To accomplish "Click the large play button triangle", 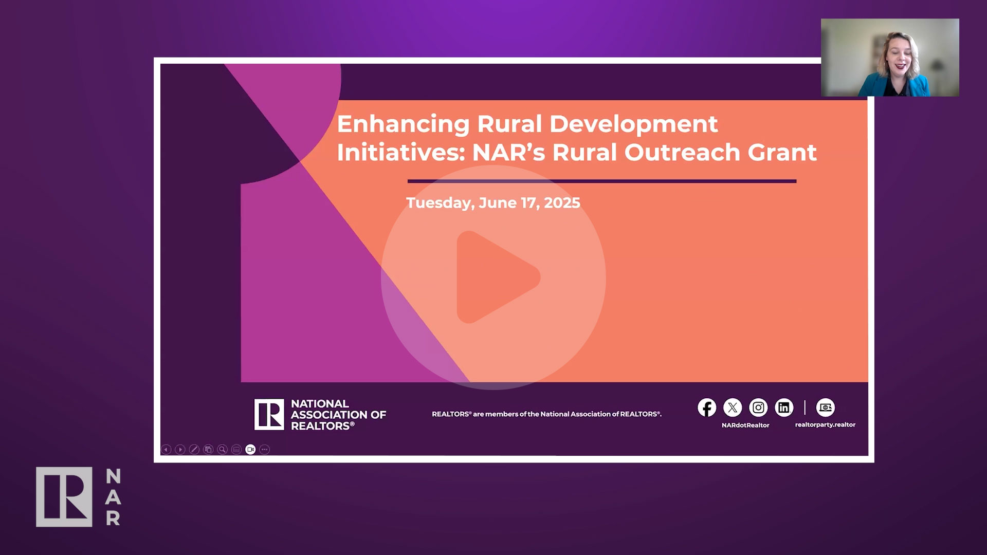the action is pos(493,277).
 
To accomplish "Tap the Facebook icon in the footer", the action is pos(707,408).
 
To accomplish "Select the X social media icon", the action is pos(733,408).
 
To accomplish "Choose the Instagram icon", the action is pos(758,408).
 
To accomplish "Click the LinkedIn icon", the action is pos(784,408).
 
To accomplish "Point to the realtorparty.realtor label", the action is pos(825,424).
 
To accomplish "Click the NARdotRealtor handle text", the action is pos(745,425).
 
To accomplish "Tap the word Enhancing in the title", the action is pos(403,125).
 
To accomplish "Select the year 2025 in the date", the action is pos(562,202).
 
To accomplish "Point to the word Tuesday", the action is pos(440,203).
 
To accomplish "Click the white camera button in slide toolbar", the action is pos(250,450).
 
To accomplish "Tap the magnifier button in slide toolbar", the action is pos(222,450).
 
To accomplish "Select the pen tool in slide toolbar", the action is pos(194,450).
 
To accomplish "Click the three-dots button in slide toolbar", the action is pos(264,450).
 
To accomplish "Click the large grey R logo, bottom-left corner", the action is pos(64,497).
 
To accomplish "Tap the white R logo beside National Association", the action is pos(269,414).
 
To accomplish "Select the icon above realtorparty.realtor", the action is pos(825,408).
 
